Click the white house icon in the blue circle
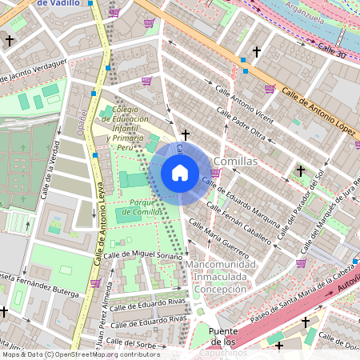180,173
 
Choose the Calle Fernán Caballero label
239,222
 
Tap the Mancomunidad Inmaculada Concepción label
220,276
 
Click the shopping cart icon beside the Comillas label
215,172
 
